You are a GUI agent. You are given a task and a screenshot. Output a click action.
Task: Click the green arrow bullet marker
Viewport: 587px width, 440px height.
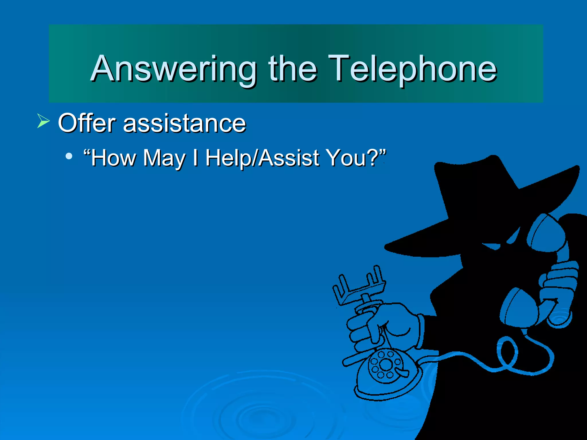[43, 121]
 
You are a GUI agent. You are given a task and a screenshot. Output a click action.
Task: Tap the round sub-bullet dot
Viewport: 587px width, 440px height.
[69, 156]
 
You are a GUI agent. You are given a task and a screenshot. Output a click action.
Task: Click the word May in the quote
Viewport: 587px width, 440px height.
[164, 158]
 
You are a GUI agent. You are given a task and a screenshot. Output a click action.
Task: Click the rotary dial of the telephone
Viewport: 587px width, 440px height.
[386, 365]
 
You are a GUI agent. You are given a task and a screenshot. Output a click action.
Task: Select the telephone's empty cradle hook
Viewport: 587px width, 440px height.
[358, 286]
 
